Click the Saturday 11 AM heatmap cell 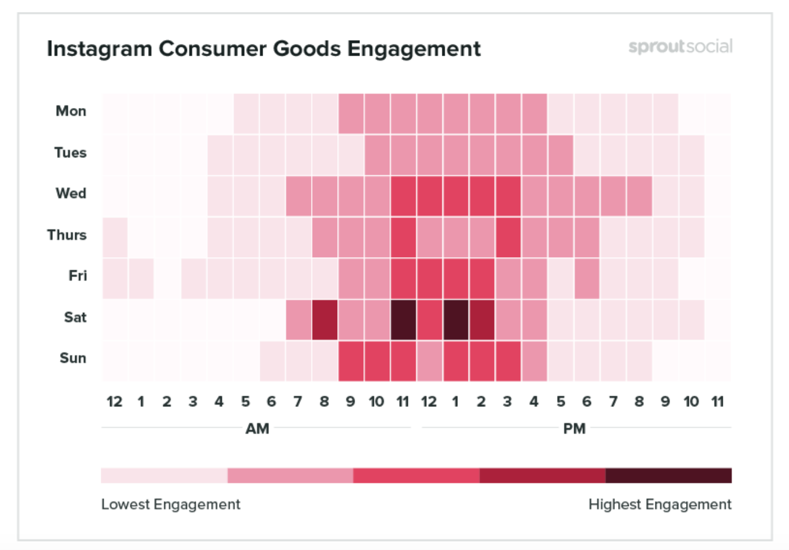(403, 320)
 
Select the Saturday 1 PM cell (456, 320)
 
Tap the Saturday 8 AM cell (325, 320)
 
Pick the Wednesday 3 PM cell (508, 196)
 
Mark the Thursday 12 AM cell (115, 237)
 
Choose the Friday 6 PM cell (586, 278)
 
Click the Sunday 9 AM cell (351, 361)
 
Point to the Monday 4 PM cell (534, 114)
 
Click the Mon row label (71, 111)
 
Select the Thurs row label (67, 235)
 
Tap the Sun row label (73, 358)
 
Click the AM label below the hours (258, 429)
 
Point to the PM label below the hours (574, 429)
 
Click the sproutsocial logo (680, 47)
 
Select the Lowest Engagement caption (171, 504)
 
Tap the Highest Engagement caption (660, 504)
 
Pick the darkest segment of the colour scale (668, 475)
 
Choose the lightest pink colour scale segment (164, 475)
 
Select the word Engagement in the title (414, 49)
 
